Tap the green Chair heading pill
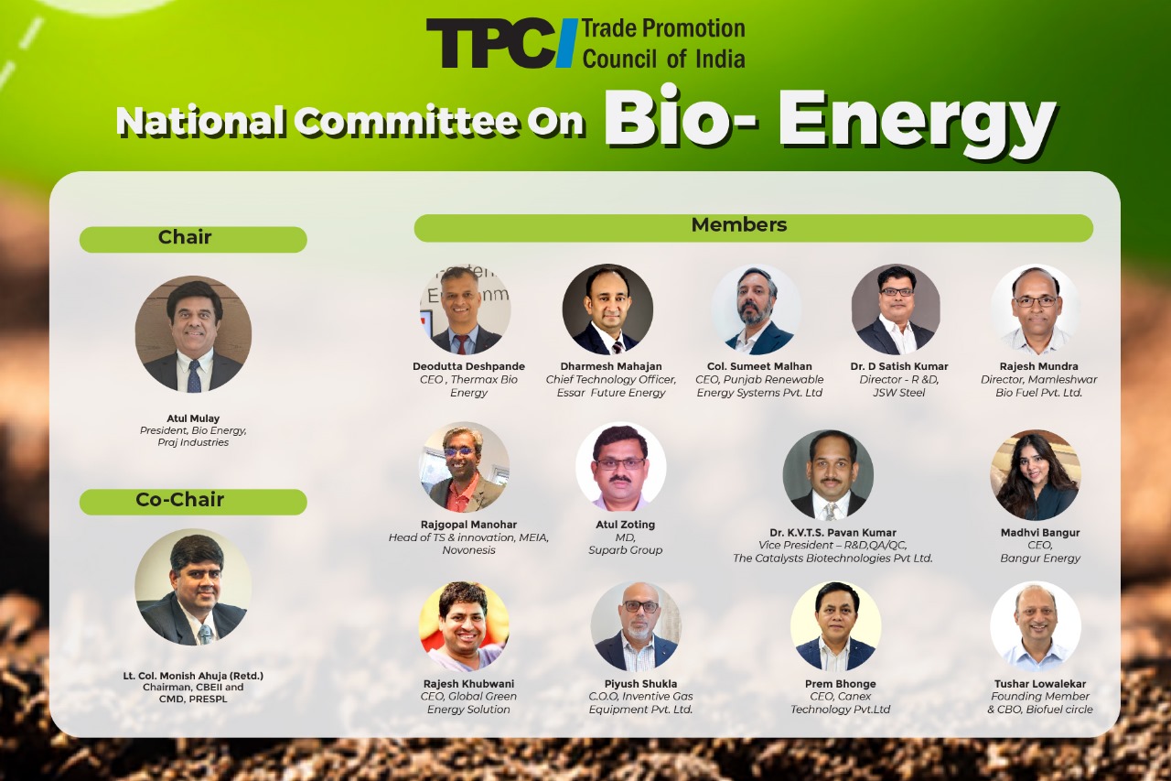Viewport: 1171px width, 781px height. tap(193, 239)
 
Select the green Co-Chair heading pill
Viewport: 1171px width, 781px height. tap(193, 502)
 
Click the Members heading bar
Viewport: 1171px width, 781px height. tap(753, 228)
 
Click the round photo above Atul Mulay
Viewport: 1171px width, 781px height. tap(193, 334)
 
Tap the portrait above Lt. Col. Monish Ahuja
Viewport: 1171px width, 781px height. tap(193, 586)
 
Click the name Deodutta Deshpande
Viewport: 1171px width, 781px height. tap(468, 366)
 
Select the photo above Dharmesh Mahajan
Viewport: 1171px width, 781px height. tap(607, 309)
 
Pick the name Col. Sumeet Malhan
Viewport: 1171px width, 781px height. tap(759, 366)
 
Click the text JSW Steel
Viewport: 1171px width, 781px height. tap(898, 392)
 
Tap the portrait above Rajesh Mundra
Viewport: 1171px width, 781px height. tap(1036, 309)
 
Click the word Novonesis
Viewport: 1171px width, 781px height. tap(468, 549)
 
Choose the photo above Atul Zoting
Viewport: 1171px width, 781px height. tap(621, 467)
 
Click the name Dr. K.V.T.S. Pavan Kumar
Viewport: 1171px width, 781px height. tap(833, 533)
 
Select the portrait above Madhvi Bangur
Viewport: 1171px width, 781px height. tap(1036, 475)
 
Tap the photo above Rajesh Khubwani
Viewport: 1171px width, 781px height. tap(464, 625)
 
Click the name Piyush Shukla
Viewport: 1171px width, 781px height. tap(640, 684)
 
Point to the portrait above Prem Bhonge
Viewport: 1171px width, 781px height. tap(836, 626)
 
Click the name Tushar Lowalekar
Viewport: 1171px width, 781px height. tap(1040, 684)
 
